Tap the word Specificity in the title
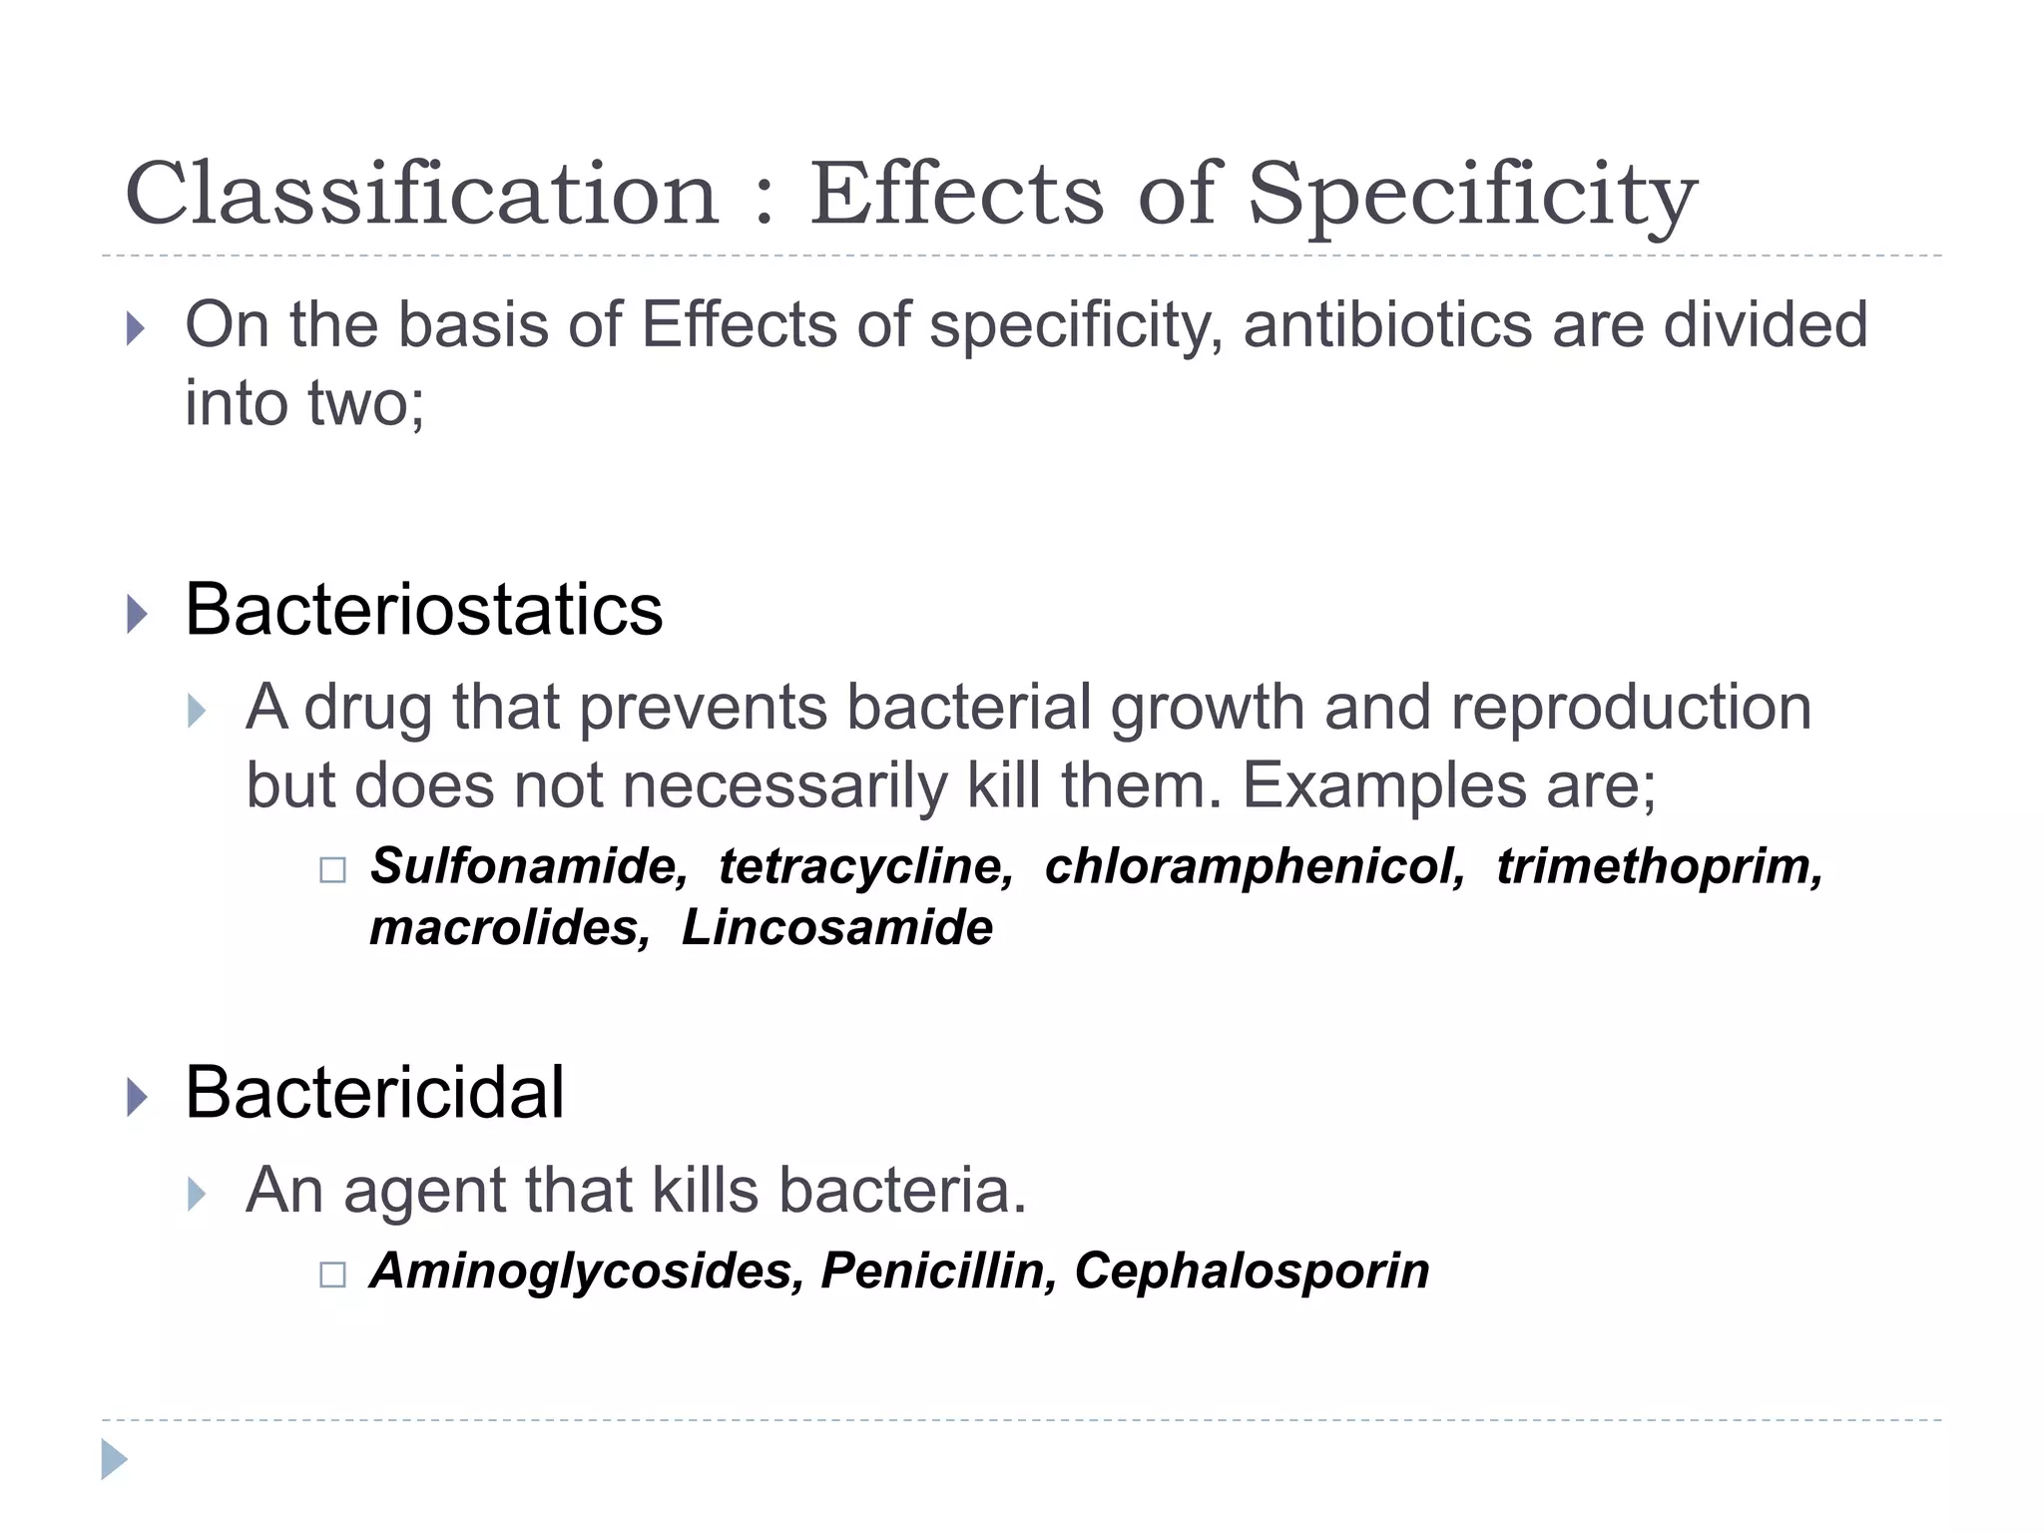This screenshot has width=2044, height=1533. tap(1472, 196)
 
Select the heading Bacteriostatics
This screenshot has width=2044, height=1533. tap(423, 610)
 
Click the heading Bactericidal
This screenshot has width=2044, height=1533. tap(374, 1093)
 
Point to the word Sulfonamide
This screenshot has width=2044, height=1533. tap(529, 866)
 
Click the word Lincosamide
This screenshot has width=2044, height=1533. tap(837, 928)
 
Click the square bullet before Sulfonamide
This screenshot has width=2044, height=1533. tap(332, 870)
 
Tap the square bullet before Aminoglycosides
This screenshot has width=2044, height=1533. tap(332, 1275)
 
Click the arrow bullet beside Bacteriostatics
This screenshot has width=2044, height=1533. tap(138, 613)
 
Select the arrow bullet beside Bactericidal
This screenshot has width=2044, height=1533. tap(138, 1097)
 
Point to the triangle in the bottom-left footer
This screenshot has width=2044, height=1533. tap(115, 1459)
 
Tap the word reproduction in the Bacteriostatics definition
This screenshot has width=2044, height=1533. tap(1631, 708)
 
